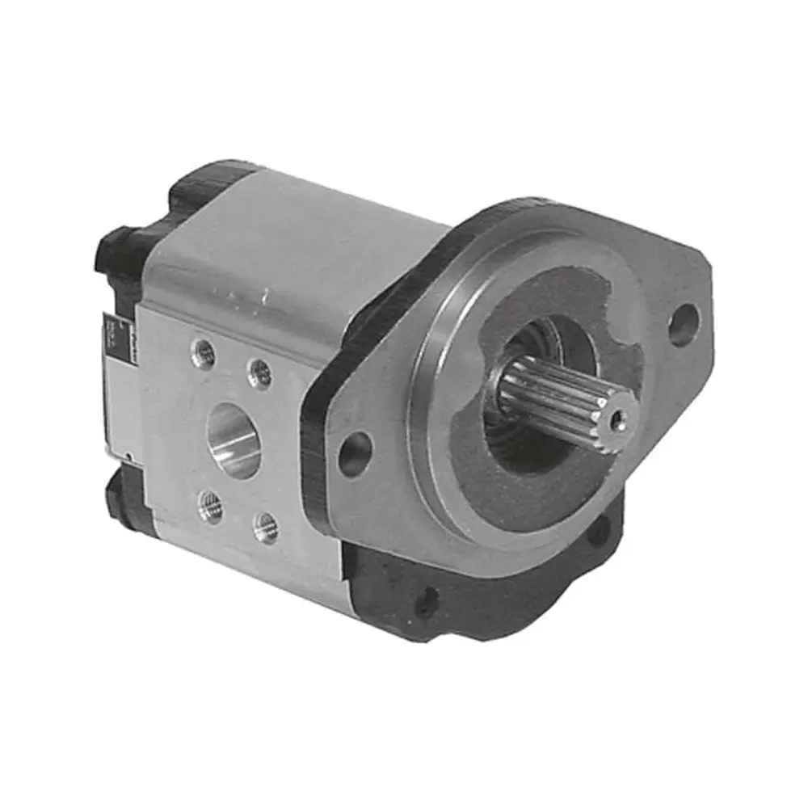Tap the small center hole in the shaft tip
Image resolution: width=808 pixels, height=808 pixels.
620,419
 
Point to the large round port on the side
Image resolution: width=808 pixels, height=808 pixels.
235,440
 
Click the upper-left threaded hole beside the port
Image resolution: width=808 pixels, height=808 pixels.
204,354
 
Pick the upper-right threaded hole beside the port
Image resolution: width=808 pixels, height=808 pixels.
259,372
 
